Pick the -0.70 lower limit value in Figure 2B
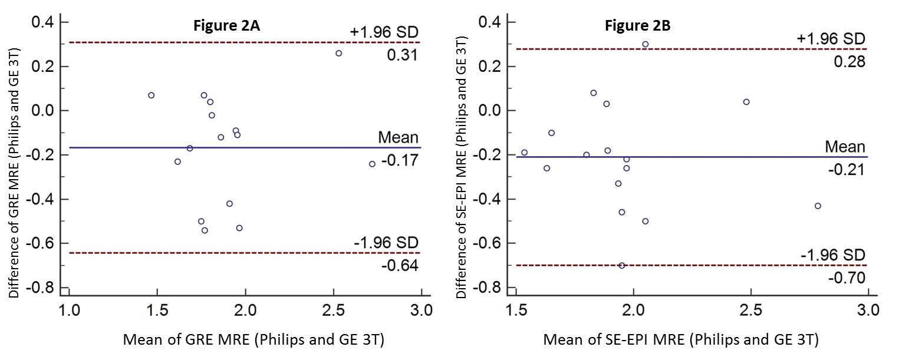[847, 278]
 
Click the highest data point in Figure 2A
[338, 53]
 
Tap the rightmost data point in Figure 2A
[372, 164]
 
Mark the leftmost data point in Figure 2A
[152, 95]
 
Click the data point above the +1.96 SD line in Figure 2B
[646, 44]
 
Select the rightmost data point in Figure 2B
[818, 206]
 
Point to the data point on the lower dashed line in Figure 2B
[622, 265]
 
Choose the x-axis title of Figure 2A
[253, 341]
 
